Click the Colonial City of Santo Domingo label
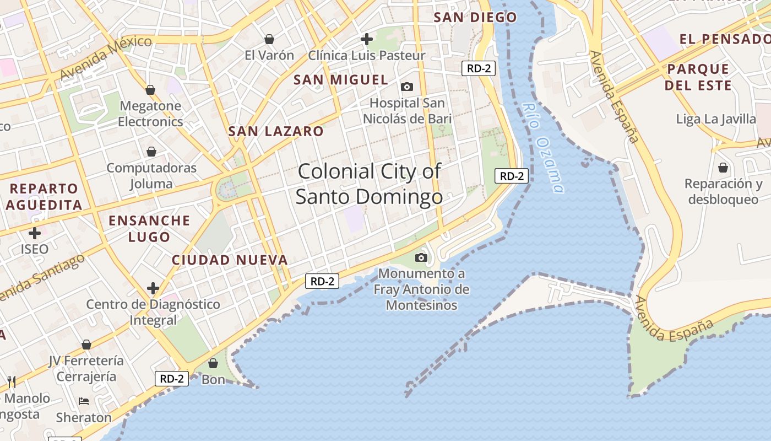click(369, 184)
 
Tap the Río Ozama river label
click(543, 148)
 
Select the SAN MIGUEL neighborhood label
click(341, 80)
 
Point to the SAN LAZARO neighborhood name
click(276, 131)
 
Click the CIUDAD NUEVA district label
click(230, 260)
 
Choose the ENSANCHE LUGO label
click(149, 229)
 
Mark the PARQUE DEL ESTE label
click(698, 77)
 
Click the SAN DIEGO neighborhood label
click(475, 17)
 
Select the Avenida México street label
click(105, 57)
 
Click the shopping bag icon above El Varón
click(269, 39)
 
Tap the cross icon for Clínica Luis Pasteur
click(366, 39)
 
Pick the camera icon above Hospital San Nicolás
click(407, 87)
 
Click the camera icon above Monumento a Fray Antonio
click(421, 257)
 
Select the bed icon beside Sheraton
click(84, 401)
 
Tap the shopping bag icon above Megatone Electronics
click(150, 90)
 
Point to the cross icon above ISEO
click(35, 233)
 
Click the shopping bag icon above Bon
click(213, 363)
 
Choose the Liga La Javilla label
click(716, 119)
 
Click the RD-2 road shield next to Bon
click(172, 379)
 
